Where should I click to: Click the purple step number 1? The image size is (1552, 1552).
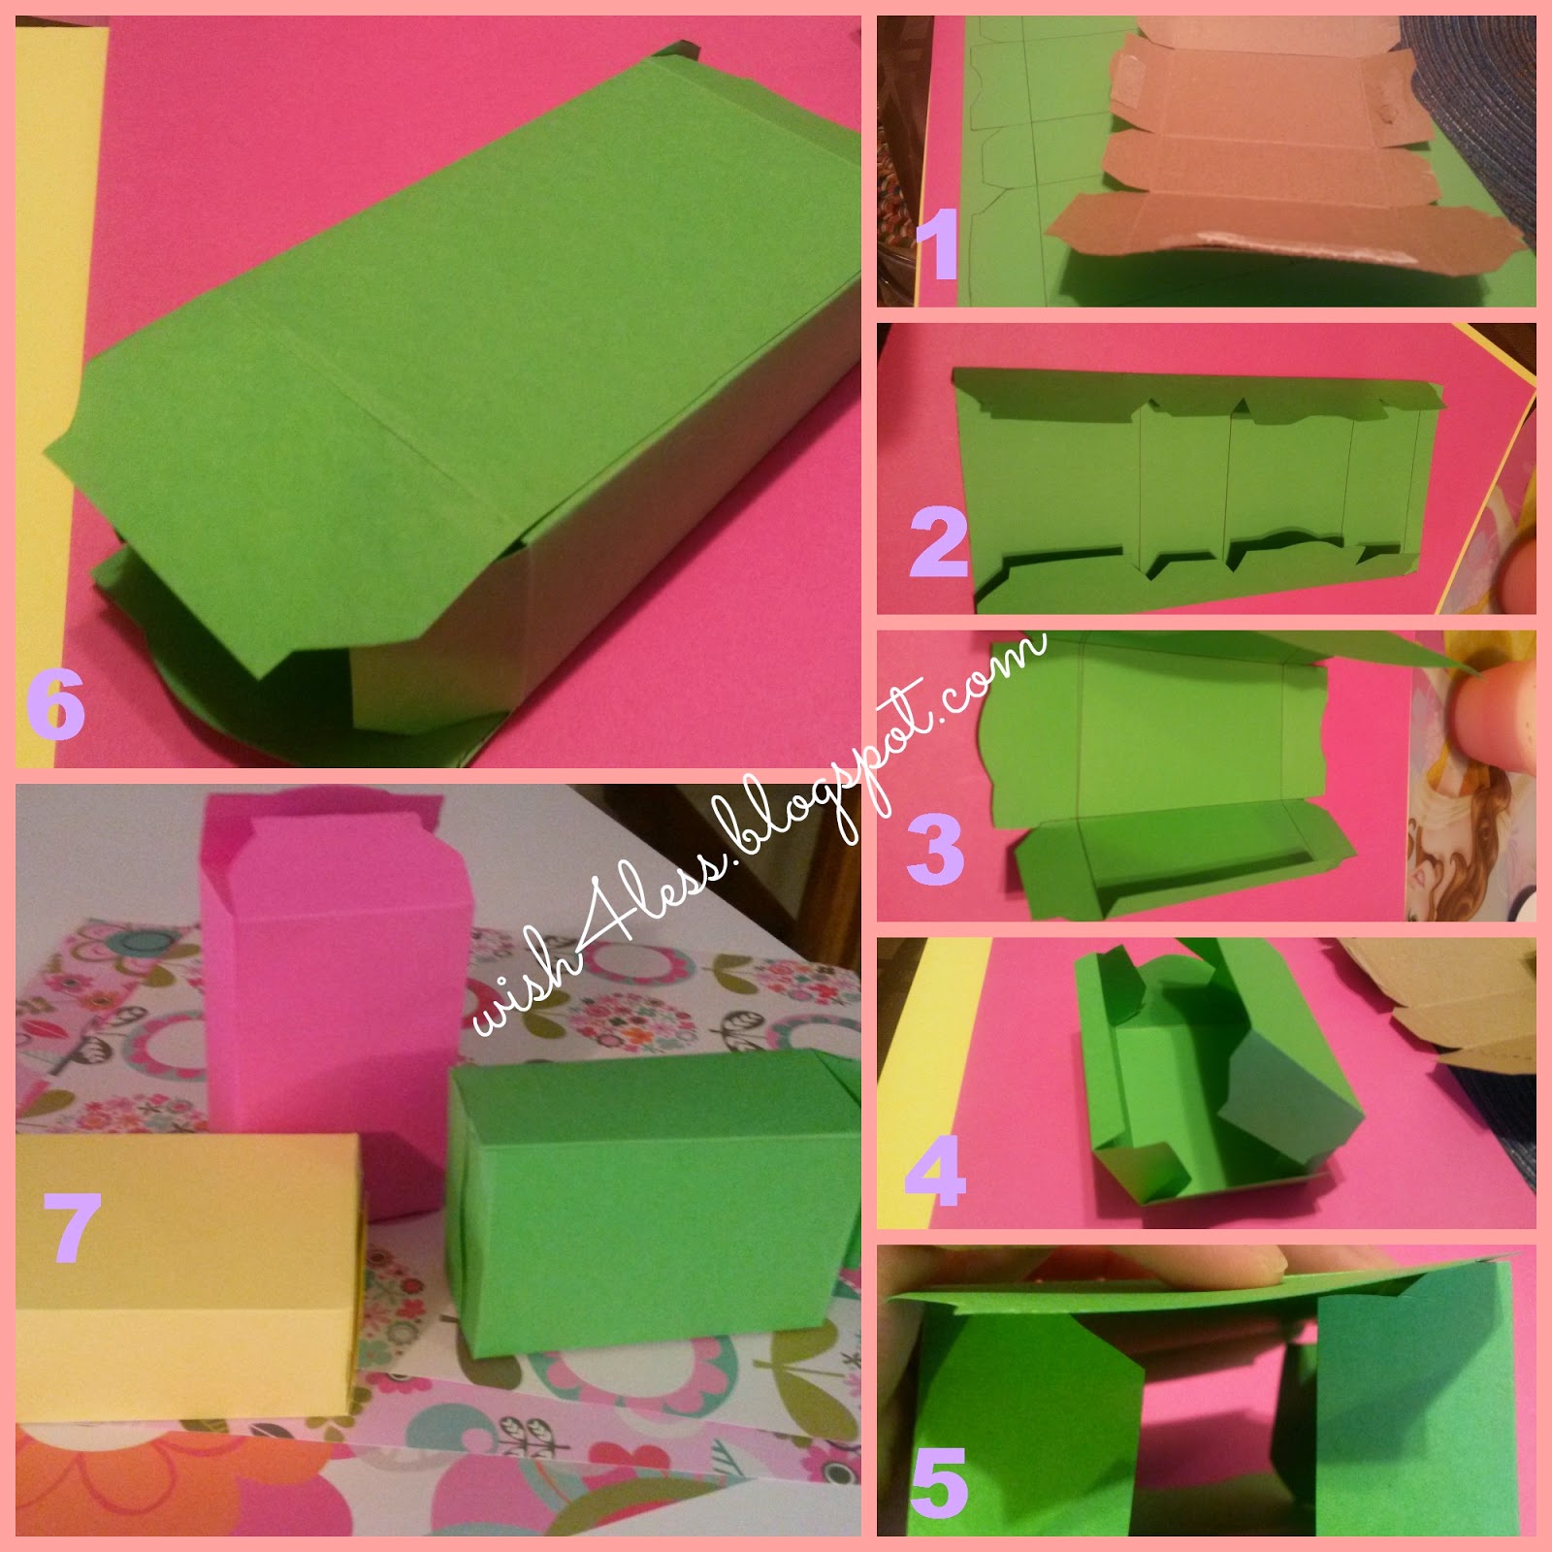[938, 245]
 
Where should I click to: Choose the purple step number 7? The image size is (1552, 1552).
[72, 1227]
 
